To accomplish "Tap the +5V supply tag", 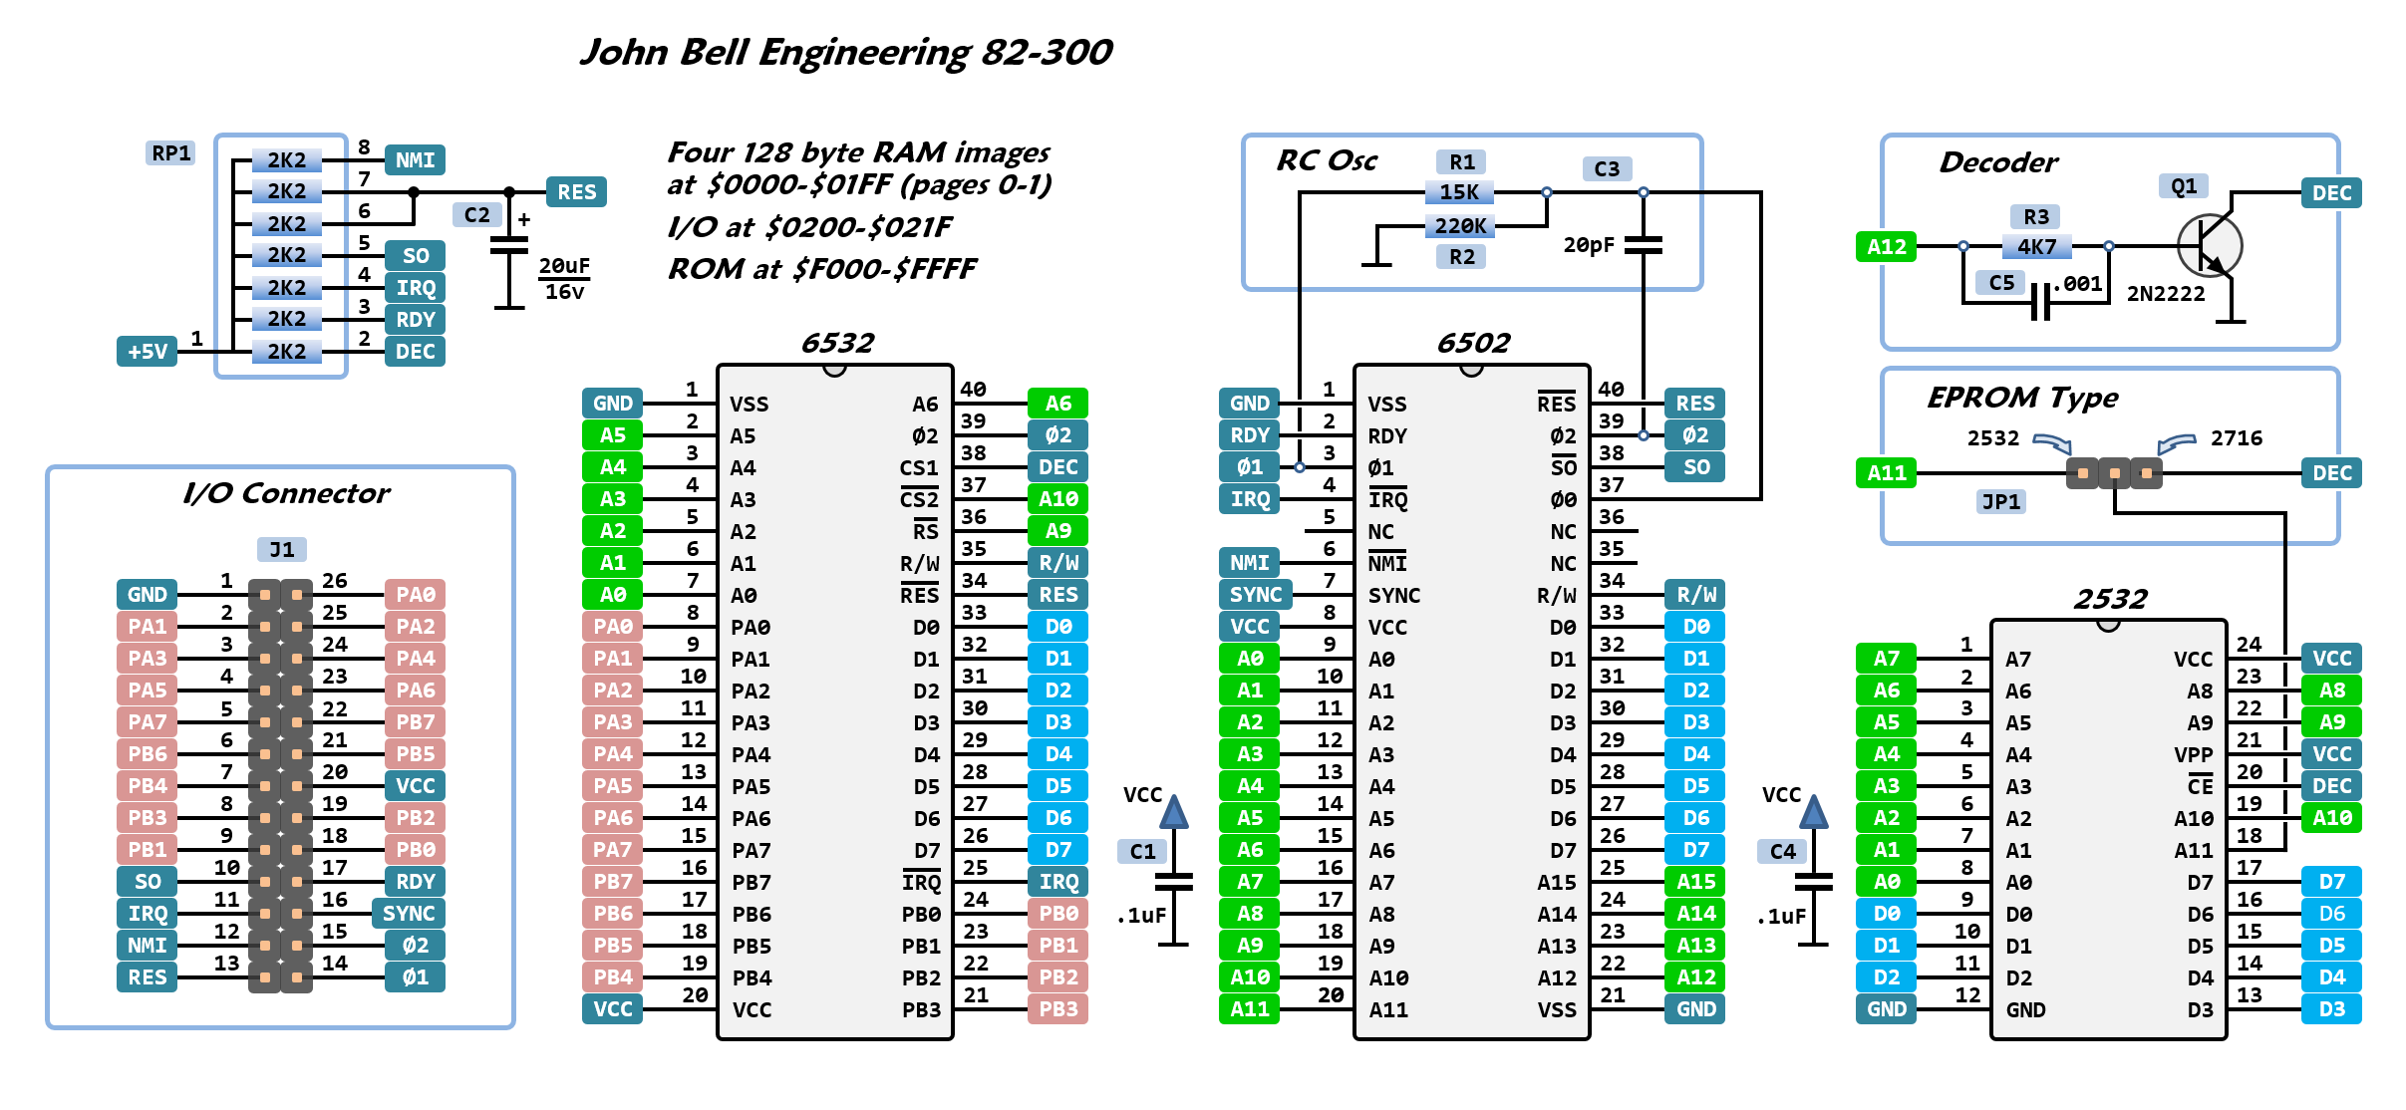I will coord(148,352).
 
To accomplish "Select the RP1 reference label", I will coord(170,153).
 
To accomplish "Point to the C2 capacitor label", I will coord(476,215).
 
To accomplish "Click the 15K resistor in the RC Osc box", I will coord(1459,192).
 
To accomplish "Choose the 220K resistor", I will coord(1459,226).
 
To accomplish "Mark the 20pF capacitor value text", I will coord(1588,245).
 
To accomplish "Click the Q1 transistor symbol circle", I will coord(2209,246).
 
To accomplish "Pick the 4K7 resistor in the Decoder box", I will coord(2036,246).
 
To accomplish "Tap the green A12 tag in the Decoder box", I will coord(1886,247).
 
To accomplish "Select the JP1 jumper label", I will coord(2000,501).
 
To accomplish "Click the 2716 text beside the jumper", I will coord(2236,438).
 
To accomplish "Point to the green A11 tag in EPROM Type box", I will coord(1886,473).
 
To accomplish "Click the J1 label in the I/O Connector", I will coord(282,550).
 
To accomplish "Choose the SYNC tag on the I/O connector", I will coord(409,914).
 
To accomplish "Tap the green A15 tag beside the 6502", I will coord(1695,882).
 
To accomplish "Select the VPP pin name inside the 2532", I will coord(2193,755).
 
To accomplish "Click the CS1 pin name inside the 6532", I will coord(918,468).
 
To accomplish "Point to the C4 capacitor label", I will coord(1782,852).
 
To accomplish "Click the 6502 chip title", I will coord(1472,344).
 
